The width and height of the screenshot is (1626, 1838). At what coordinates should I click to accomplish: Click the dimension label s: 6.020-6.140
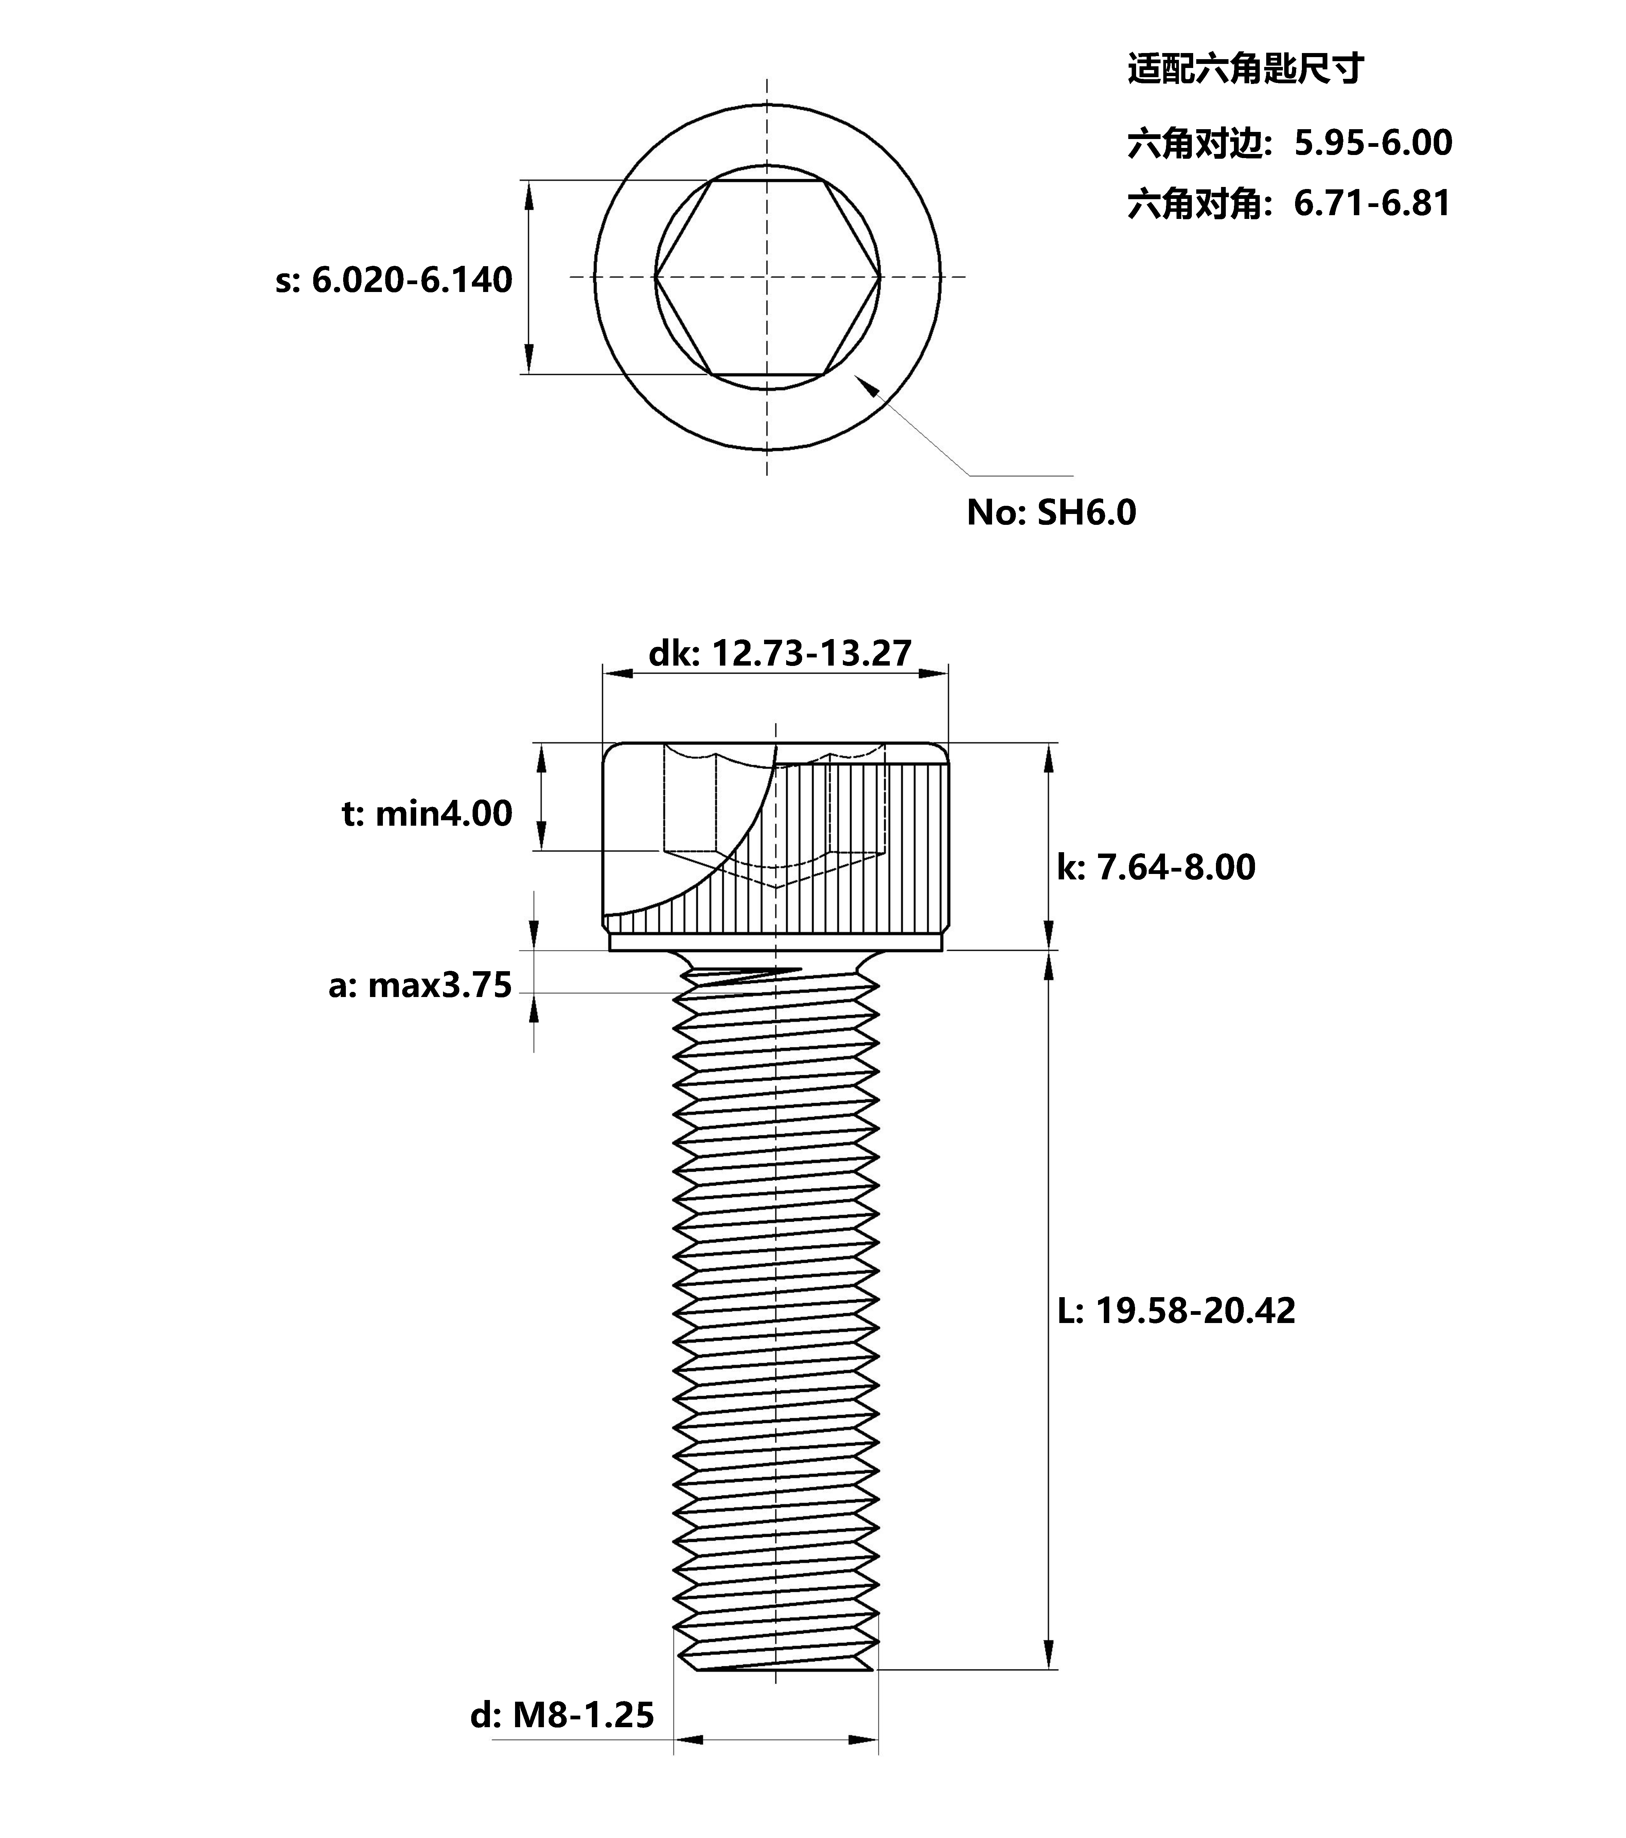394,280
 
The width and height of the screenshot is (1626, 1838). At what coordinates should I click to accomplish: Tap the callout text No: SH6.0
1051,513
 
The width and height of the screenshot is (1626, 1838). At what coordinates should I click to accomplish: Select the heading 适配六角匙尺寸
1246,69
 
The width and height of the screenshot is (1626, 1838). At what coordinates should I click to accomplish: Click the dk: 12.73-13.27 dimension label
780,653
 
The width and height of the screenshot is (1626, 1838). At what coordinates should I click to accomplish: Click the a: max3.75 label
420,985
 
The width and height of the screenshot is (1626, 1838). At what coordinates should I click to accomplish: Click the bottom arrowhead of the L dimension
1048,1654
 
